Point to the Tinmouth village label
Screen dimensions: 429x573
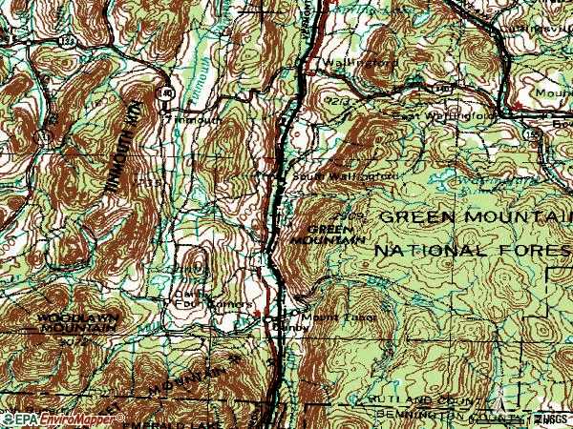pyautogui.click(x=195, y=120)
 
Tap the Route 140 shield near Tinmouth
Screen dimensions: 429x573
pyautogui.click(x=167, y=94)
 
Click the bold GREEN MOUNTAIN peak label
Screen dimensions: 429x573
pyautogui.click(x=334, y=235)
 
